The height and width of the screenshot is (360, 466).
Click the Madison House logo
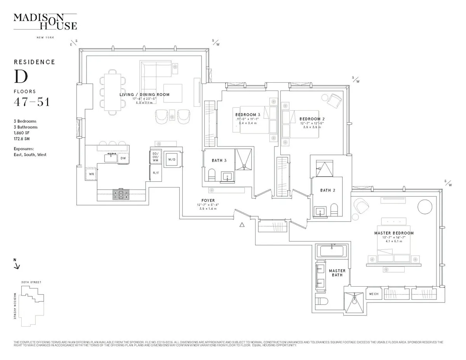(x=45, y=22)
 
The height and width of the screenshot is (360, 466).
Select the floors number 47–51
(x=31, y=103)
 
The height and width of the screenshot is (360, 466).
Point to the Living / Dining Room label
(x=144, y=95)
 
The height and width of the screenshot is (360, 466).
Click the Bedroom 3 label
(x=248, y=115)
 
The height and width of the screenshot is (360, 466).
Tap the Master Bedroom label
(x=394, y=233)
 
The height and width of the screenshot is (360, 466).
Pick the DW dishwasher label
(x=123, y=158)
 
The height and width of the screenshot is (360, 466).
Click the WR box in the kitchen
(x=91, y=174)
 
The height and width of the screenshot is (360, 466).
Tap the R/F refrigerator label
(x=155, y=173)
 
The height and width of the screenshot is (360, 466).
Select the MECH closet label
(x=374, y=294)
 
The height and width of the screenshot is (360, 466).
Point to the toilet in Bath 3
(x=212, y=175)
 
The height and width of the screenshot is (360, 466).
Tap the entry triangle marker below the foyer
(x=242, y=224)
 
